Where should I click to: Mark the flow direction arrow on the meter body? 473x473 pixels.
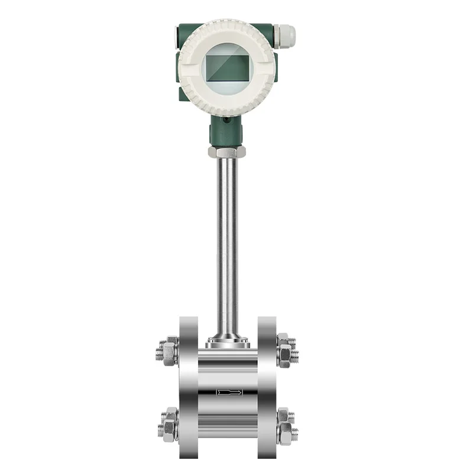(228, 392)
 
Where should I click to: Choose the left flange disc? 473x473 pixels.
(189, 387)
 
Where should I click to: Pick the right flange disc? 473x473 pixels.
(267, 387)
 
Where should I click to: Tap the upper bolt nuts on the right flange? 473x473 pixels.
(286, 350)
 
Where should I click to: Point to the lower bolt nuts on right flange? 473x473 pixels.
(286, 424)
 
